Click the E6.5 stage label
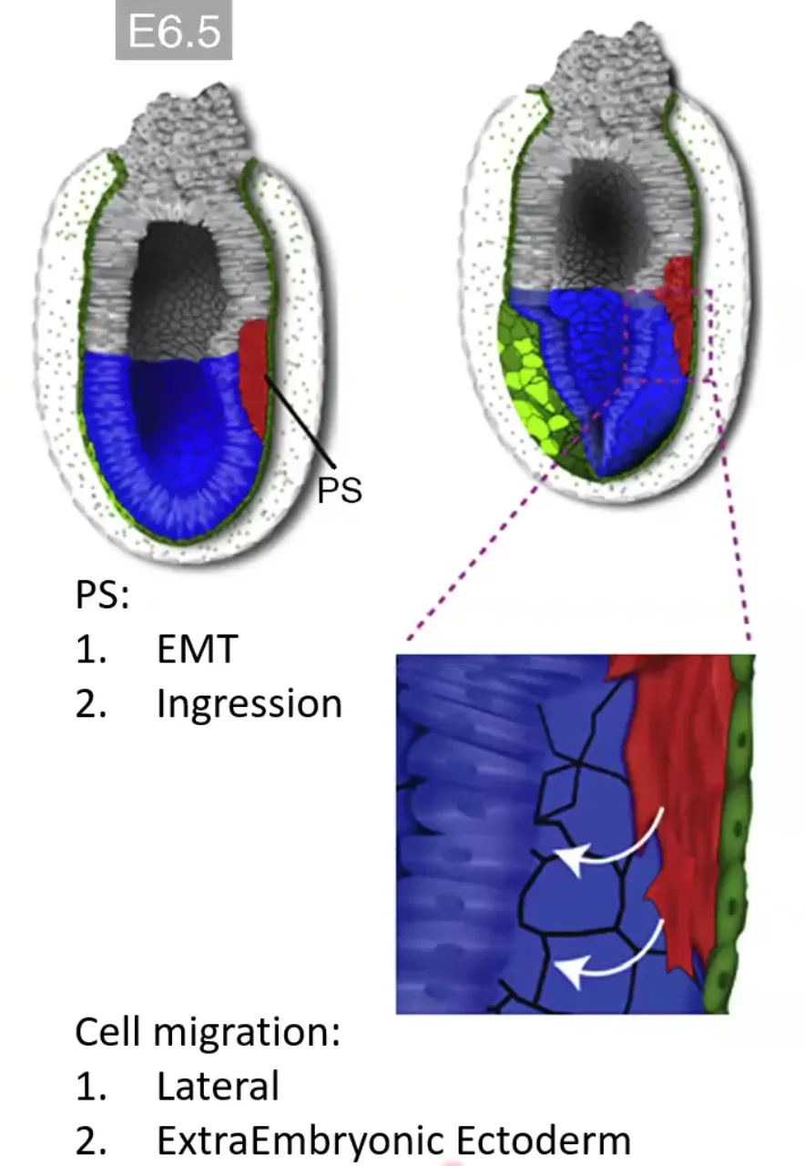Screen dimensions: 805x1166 point(174,30)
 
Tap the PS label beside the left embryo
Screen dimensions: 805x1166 point(340,490)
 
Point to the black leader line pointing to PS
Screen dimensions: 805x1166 point(301,421)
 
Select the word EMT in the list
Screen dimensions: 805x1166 point(198,649)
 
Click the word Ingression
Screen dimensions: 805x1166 point(250,705)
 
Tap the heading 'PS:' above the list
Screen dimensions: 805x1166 point(102,594)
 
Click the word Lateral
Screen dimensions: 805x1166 point(218,1087)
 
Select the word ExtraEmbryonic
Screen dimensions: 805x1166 point(301,1140)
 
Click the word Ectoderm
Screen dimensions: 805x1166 point(544,1140)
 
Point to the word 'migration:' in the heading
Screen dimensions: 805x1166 point(247,1031)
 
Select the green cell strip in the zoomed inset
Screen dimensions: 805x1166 point(731,833)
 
